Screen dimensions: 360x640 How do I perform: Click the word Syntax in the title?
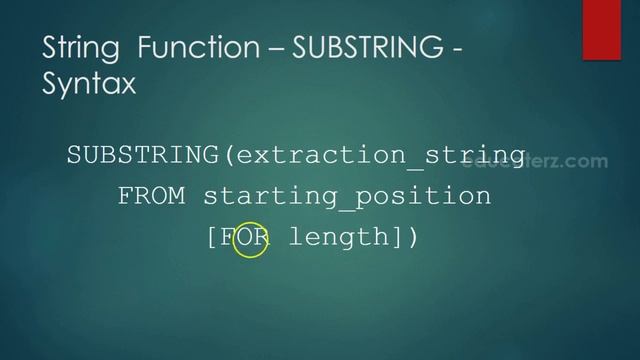(88, 85)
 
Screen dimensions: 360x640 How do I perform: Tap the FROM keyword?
(152, 196)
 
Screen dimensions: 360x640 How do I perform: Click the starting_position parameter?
(347, 196)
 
